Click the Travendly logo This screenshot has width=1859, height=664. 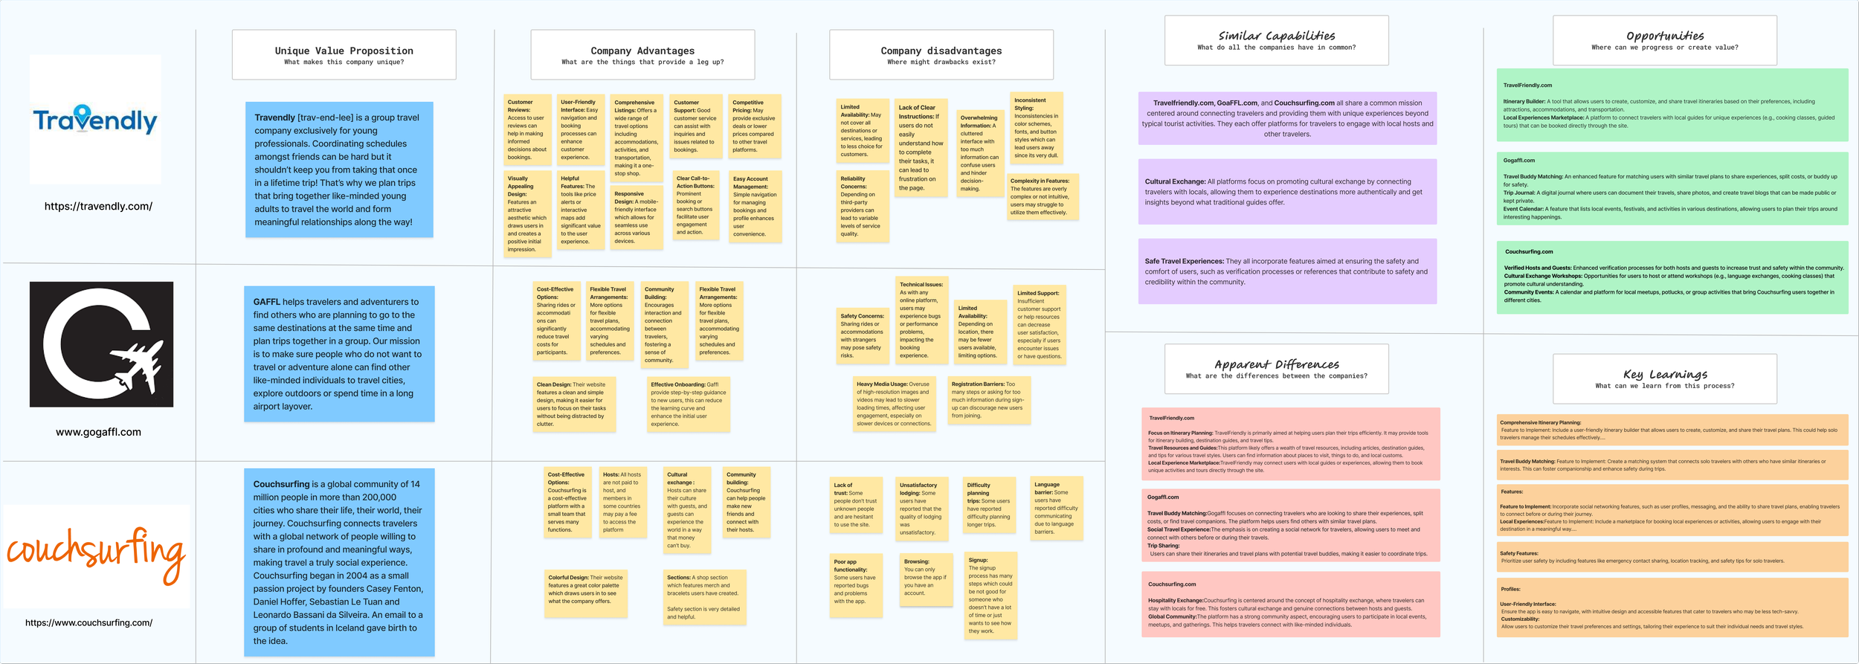coord(95,120)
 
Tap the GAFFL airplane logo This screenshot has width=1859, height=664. coord(101,344)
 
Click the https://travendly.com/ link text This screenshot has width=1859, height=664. coord(98,206)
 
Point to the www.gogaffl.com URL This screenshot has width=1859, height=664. coord(98,432)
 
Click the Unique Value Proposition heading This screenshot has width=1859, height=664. coord(344,51)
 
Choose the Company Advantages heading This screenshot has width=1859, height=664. coord(642,51)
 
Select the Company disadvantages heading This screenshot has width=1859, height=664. coord(941,51)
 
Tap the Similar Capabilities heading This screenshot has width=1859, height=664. coord(1276,36)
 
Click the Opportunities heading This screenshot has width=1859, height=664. coord(1664,36)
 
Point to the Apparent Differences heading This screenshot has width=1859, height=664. coord(1276,364)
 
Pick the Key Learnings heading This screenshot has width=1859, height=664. coord(1664,374)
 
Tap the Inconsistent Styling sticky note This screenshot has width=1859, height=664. coord(1036,128)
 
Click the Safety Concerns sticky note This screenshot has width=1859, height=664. coord(862,335)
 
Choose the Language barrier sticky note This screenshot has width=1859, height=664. coord(1056,508)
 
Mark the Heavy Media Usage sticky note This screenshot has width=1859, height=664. coord(893,404)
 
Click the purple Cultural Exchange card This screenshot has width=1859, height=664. coord(1286,191)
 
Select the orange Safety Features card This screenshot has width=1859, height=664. coord(1672,557)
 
